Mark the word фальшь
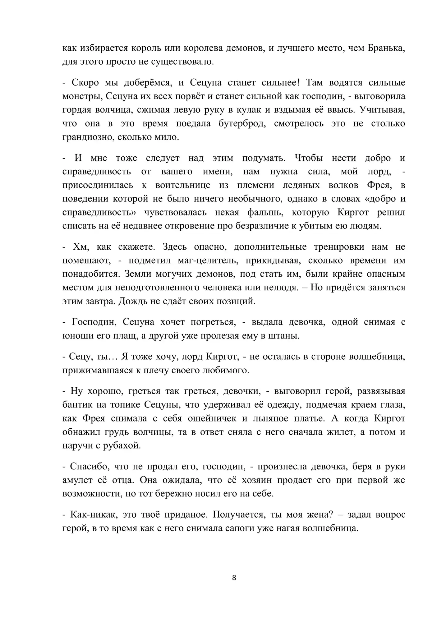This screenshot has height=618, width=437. pos(266,212)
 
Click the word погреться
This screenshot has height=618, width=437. pos(212,322)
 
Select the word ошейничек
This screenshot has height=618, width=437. pos(209,418)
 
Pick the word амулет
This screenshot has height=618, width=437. pos(77,480)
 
